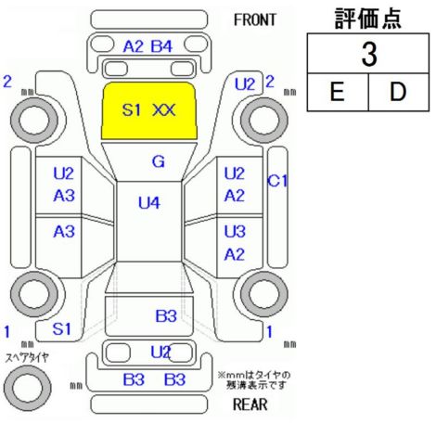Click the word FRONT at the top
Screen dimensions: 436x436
point(255,20)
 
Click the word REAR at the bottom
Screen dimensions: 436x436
point(250,404)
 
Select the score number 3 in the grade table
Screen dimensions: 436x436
point(369,55)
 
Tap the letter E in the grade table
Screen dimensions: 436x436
point(337,92)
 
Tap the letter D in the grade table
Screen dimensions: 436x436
point(398,92)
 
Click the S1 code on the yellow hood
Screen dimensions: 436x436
point(132,110)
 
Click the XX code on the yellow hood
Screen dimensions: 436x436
point(164,110)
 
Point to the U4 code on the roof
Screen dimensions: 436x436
point(149,203)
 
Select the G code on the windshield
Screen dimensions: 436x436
point(159,161)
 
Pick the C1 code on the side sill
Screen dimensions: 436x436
point(277,181)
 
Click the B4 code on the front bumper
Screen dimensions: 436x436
point(161,46)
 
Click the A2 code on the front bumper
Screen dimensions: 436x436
point(134,46)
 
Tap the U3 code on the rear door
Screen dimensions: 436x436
point(235,231)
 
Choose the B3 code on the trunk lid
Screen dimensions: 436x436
point(166,316)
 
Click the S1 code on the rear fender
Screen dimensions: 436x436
point(62,328)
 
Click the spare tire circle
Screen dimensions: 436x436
point(28,388)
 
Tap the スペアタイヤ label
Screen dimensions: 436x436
point(27,358)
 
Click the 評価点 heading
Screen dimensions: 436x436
point(368,19)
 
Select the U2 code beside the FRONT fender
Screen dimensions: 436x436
point(245,84)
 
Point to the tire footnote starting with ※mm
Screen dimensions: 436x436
point(254,380)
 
